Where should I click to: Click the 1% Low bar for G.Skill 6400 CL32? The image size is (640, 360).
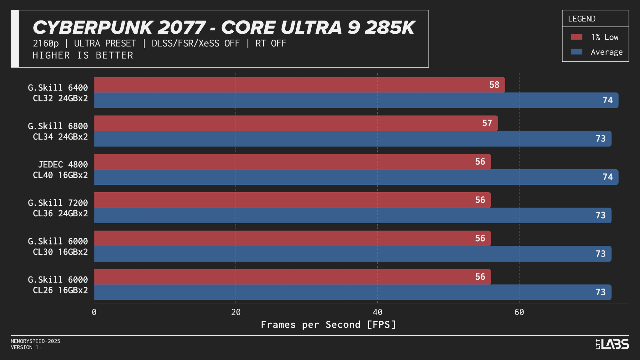tap(299, 85)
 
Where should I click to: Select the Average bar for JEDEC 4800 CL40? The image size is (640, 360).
tap(356, 177)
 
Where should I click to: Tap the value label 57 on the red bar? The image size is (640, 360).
tap(487, 123)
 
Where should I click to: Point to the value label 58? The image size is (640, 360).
tap(494, 85)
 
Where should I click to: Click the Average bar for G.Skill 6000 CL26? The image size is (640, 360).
tap(352, 292)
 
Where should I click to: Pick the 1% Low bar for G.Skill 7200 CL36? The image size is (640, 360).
tap(292, 200)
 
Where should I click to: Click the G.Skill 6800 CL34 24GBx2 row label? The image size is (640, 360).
tap(58, 131)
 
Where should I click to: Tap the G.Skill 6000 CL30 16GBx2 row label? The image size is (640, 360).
tap(58, 246)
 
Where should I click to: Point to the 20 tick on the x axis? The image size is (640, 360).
tap(236, 312)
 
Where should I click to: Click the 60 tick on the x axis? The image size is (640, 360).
tap(519, 312)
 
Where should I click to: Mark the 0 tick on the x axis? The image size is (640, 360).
tap(94, 312)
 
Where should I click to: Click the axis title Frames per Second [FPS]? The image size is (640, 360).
tap(329, 324)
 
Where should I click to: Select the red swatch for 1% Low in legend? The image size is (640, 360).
tap(576, 37)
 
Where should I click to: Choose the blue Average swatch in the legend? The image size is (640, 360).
tap(576, 52)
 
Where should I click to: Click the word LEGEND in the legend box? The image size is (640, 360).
tap(581, 19)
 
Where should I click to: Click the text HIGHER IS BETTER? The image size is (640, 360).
tap(83, 55)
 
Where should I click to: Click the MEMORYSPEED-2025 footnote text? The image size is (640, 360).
tap(36, 341)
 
